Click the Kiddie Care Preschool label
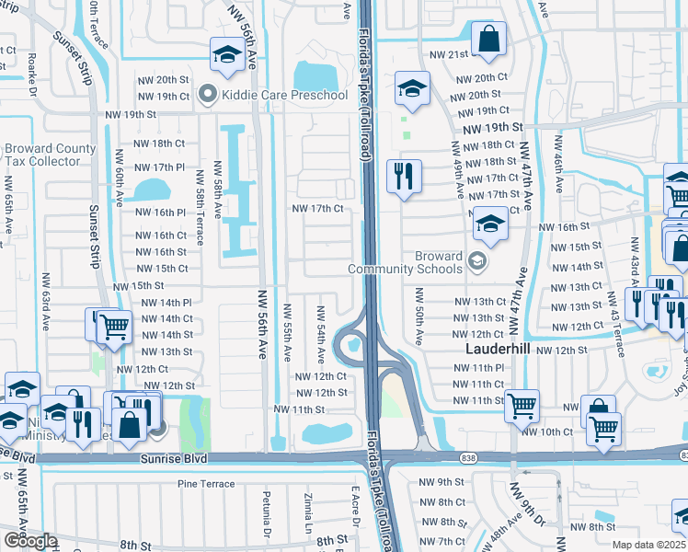[x=284, y=94]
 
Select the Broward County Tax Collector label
[x=50, y=155]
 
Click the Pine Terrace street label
[x=206, y=483]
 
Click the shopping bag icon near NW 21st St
[x=488, y=40]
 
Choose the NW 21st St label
[x=444, y=54]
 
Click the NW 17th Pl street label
[x=161, y=167]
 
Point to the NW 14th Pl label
[x=165, y=302]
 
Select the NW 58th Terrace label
[x=199, y=204]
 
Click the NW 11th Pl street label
[x=479, y=367]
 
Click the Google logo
[x=30, y=541]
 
